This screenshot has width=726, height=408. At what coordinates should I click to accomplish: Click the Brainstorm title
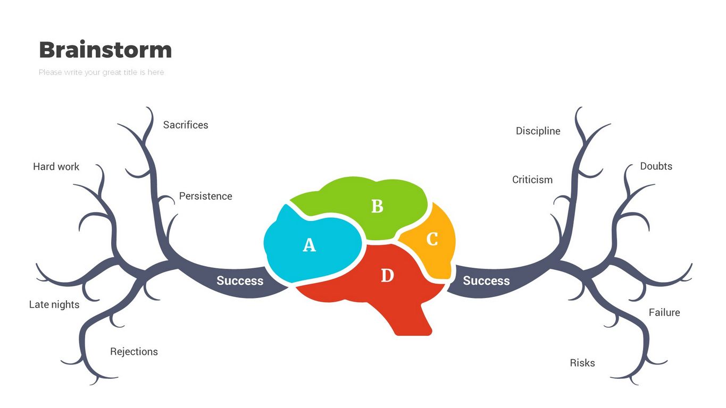(105, 50)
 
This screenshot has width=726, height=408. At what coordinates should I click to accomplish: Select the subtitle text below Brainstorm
(101, 72)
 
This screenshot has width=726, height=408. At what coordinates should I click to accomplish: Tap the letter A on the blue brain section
(309, 245)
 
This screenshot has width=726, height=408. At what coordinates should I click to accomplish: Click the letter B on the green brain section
(377, 206)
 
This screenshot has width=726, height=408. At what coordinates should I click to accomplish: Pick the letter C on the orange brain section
(432, 240)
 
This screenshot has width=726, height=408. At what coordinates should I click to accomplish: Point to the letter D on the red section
(387, 276)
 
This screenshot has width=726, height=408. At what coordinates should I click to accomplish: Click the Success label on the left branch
(240, 280)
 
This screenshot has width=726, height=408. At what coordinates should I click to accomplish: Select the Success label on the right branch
(486, 280)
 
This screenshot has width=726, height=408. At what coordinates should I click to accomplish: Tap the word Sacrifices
(186, 125)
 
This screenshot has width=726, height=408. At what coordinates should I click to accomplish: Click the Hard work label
(56, 166)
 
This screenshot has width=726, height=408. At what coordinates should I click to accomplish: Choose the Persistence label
(205, 196)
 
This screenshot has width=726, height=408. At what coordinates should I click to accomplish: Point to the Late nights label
(54, 304)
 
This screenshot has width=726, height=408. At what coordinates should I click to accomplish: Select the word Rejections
(134, 352)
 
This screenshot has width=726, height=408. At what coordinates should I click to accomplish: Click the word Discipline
(538, 131)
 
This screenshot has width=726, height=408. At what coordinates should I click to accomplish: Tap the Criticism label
(532, 180)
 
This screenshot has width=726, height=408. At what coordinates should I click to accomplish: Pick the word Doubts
(656, 166)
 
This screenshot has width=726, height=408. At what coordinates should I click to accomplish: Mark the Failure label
(664, 312)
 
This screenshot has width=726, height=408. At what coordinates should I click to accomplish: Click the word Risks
(582, 363)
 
